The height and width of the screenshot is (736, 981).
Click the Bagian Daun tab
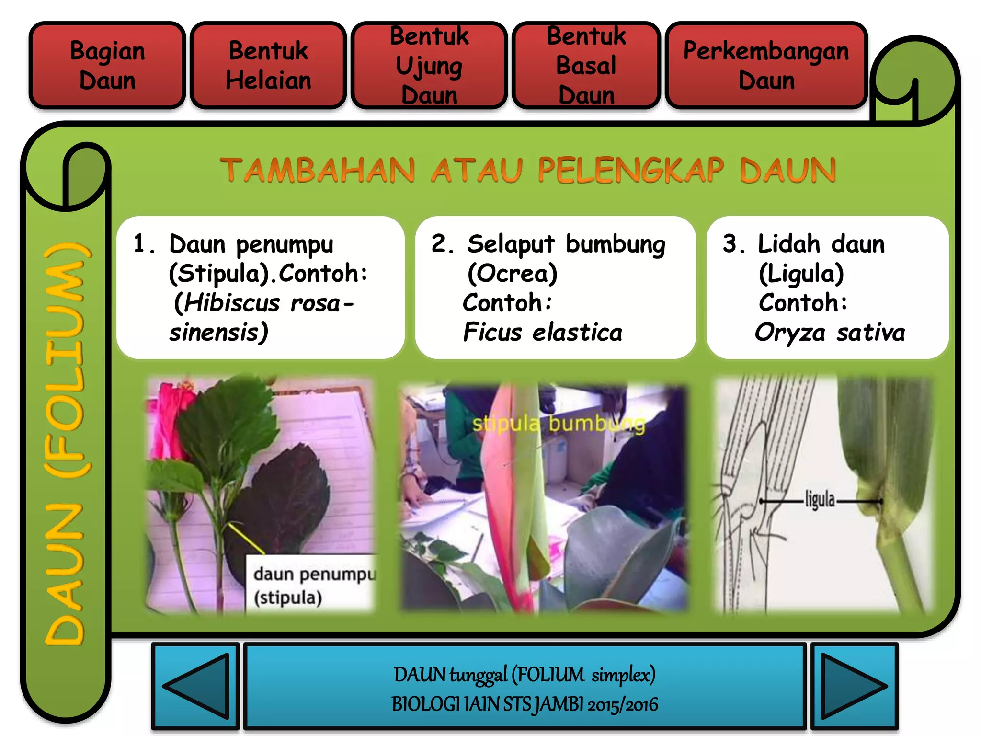pos(107,65)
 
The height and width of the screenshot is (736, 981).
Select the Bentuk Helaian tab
pos(268,65)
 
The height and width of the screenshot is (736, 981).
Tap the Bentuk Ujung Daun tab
pos(429,65)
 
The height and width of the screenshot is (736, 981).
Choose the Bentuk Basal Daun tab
pos(586,65)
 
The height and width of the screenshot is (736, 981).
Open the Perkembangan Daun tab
pos(766,65)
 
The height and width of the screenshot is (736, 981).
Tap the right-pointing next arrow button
pos(854,686)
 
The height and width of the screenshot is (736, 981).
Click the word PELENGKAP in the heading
pos(631,170)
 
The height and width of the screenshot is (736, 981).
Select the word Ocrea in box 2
pos(513,274)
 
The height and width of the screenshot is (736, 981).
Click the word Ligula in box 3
pos(801,274)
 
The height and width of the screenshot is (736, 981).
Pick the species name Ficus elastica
pos(543,332)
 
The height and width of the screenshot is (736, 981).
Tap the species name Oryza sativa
pos(830,332)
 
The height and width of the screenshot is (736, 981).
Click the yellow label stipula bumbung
pos(559,424)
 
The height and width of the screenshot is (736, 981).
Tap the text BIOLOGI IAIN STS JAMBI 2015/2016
pos(525,704)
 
